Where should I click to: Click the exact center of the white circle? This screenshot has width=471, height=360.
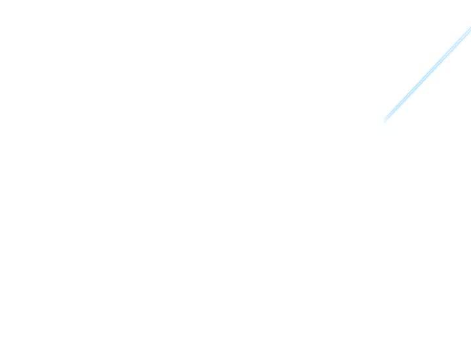pos(387,120)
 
